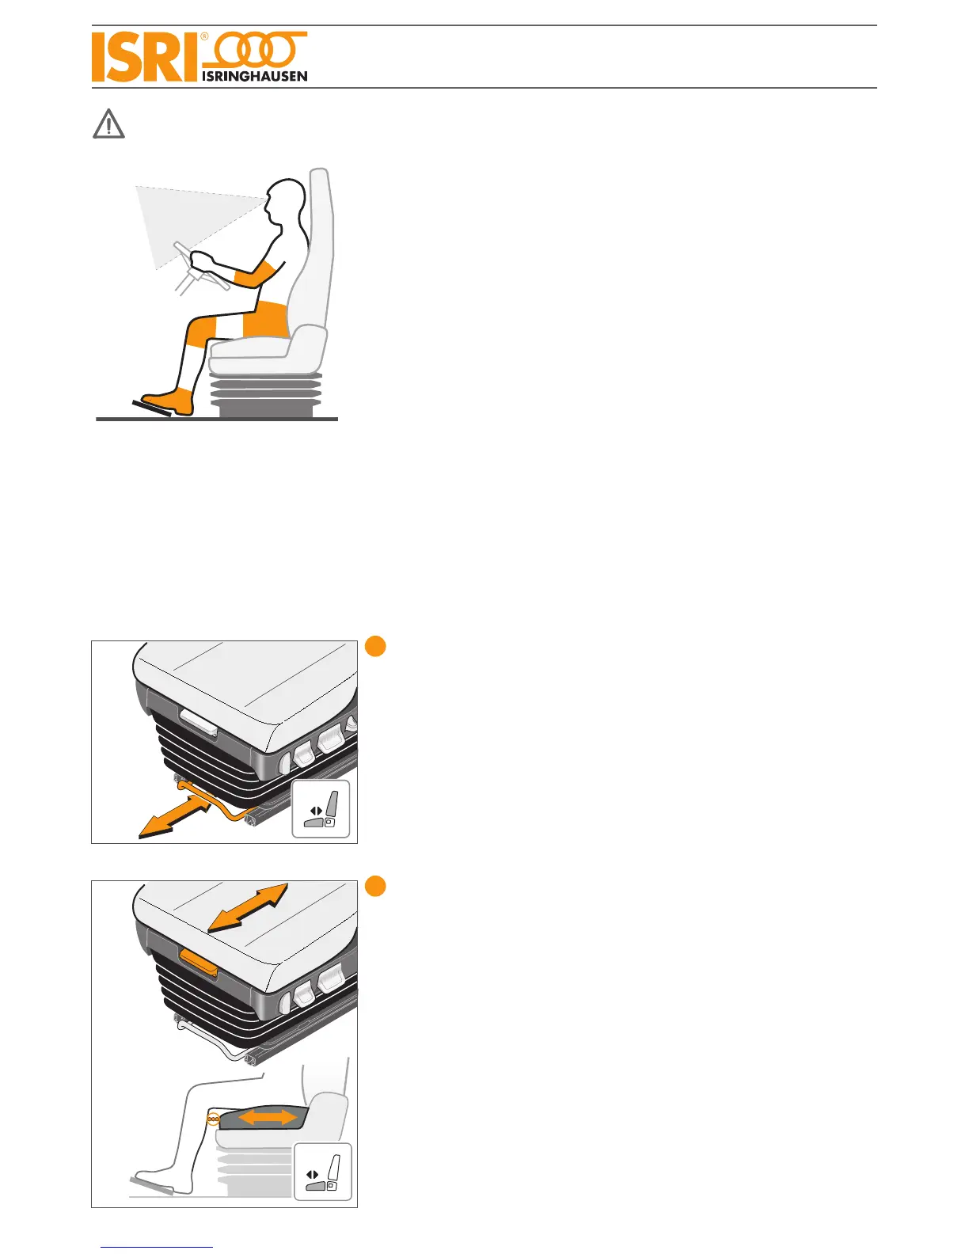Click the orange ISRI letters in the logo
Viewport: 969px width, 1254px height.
[142, 57]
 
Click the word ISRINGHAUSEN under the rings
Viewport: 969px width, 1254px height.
[255, 76]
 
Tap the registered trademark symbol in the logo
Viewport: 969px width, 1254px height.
[204, 36]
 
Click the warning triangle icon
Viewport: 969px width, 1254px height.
[108, 125]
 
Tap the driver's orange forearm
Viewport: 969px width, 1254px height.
[256, 274]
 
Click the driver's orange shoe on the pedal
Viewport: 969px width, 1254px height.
[169, 402]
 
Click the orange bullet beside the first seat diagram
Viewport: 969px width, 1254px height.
[376, 646]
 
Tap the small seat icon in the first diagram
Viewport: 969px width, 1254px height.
[321, 808]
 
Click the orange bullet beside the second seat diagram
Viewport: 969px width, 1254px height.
[376, 886]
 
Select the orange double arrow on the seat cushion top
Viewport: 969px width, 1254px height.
[248, 906]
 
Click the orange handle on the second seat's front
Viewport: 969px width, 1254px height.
[199, 959]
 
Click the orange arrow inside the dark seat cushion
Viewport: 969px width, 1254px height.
[268, 1117]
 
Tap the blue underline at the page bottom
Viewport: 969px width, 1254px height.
[157, 1248]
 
